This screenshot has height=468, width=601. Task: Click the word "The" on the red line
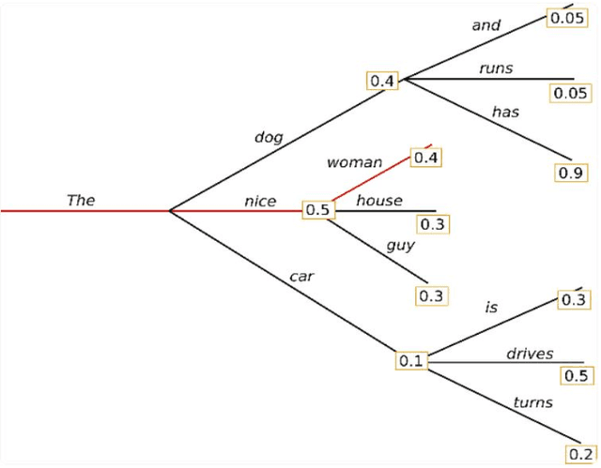tap(81, 200)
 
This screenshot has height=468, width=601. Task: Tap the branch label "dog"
tap(268, 137)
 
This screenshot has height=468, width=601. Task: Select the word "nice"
tap(260, 201)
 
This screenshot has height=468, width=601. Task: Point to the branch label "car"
tap(301, 276)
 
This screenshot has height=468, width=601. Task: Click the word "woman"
tap(354, 162)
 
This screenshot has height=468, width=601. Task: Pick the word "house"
tap(379, 200)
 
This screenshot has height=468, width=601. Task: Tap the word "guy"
tap(400, 246)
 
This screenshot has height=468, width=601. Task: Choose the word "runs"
tap(496, 68)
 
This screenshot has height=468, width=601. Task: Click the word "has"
tap(505, 112)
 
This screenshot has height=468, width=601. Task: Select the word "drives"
tap(530, 354)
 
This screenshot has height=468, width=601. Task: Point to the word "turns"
tap(532, 402)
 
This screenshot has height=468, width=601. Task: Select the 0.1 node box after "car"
tap(412, 360)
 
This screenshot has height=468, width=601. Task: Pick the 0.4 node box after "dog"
tap(382, 81)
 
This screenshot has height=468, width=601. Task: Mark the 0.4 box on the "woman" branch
tap(426, 157)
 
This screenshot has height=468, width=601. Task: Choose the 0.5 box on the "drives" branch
tap(576, 375)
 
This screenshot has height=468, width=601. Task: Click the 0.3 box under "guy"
tap(432, 295)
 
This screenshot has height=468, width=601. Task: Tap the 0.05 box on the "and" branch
tap(566, 18)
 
